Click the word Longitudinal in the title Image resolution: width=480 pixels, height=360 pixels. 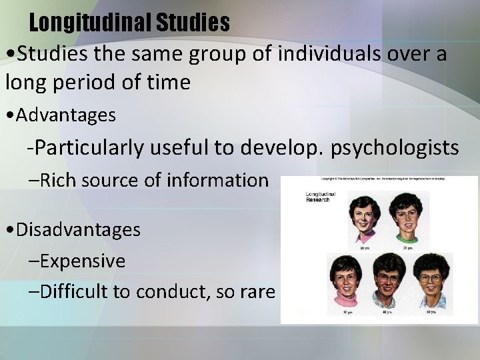[x=90, y=23]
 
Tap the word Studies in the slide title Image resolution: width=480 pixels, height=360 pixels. [x=193, y=23]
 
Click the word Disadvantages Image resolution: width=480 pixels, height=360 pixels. [x=78, y=230]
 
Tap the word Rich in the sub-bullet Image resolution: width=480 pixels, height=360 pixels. [x=56, y=180]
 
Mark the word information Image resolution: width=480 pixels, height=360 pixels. [x=218, y=180]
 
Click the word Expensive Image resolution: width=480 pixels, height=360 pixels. [x=82, y=261]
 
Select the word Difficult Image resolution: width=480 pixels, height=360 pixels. [x=75, y=291]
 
